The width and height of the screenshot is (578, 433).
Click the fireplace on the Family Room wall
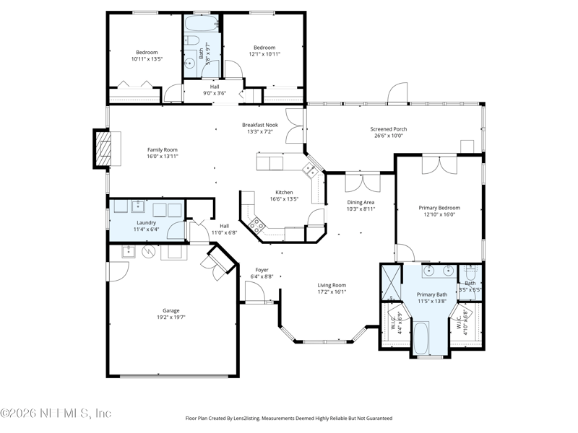click(103, 149)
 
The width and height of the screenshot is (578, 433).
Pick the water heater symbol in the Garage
click(150, 253)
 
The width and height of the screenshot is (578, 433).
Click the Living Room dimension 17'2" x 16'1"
click(332, 292)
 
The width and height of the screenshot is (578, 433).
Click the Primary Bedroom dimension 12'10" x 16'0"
click(439, 214)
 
